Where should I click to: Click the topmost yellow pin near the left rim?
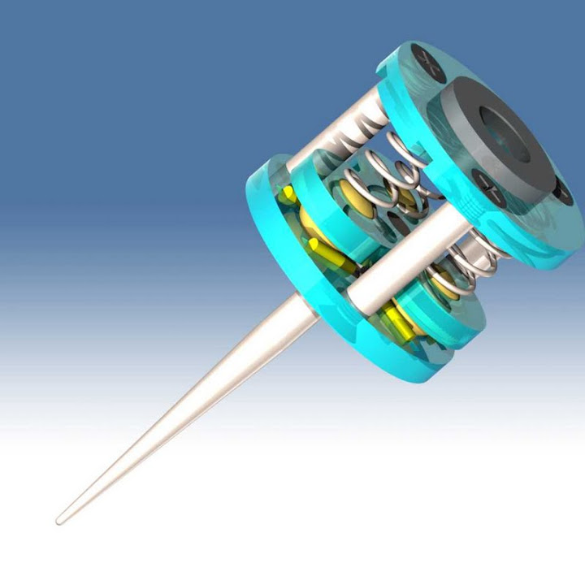click(x=287, y=193)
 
